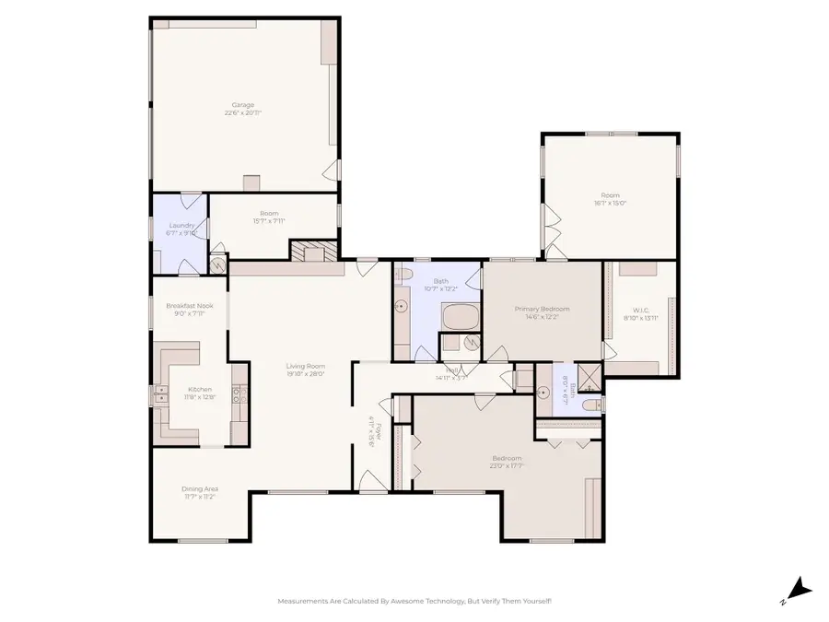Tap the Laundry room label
pyautogui.click(x=181, y=226)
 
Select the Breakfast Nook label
pyautogui.click(x=189, y=306)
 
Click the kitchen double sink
pyautogui.click(x=160, y=394)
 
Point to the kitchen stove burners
pyautogui.click(x=239, y=394)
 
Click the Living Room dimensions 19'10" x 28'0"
pyautogui.click(x=305, y=374)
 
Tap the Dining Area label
pyautogui.click(x=199, y=488)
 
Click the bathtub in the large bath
pyautogui.click(x=460, y=319)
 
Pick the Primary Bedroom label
pyautogui.click(x=542, y=309)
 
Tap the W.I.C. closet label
pyautogui.click(x=640, y=311)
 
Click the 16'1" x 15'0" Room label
pyautogui.click(x=610, y=195)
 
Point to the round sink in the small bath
pyautogui.click(x=543, y=393)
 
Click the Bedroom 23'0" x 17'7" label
pyautogui.click(x=506, y=459)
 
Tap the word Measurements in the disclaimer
pyautogui.click(x=303, y=601)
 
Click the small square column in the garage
pyautogui.click(x=251, y=182)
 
